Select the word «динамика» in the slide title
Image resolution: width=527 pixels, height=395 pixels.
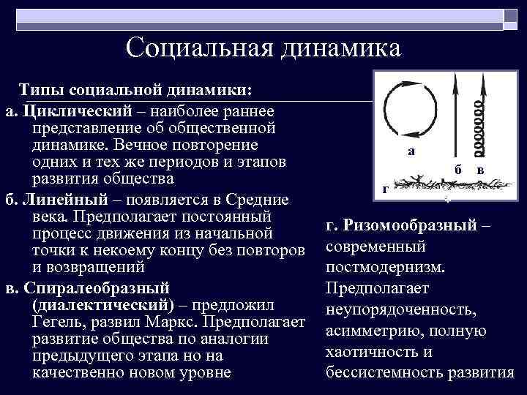pyautogui.click(x=339, y=48)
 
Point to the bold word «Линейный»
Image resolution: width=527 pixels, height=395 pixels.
pyautogui.click(x=68, y=200)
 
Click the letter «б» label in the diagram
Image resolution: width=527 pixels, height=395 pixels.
pyautogui.click(x=457, y=169)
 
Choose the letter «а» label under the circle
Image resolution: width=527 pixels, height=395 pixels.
pyautogui.click(x=411, y=151)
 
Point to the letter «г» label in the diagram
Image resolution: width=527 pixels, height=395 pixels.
pyautogui.click(x=385, y=188)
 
